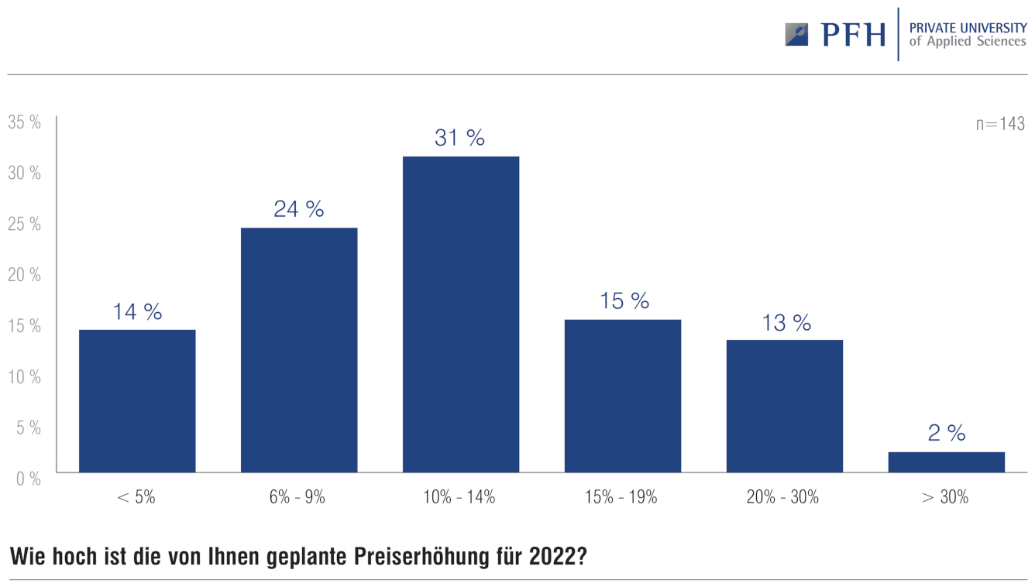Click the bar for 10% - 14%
(x=461, y=314)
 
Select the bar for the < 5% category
(x=137, y=400)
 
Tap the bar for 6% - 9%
(x=299, y=349)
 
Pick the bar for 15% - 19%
(x=623, y=396)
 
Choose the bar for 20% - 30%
(x=784, y=406)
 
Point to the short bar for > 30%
(x=946, y=462)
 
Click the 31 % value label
(x=459, y=138)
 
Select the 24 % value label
(x=298, y=209)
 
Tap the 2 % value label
(x=946, y=433)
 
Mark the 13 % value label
(x=786, y=322)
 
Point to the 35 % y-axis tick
(x=24, y=122)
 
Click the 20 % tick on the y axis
(x=24, y=275)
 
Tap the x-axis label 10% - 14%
(x=460, y=497)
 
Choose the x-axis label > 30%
(x=945, y=497)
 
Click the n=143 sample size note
(x=1000, y=124)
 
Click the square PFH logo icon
(x=796, y=34)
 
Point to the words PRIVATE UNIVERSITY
(x=968, y=28)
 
